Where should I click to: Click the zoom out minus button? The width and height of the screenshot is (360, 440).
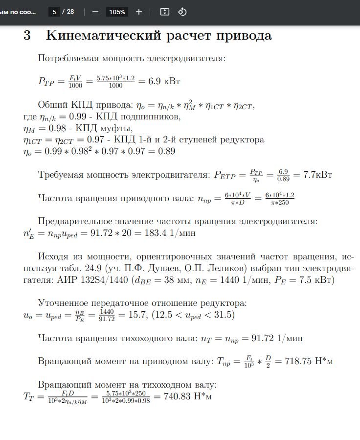pyautogui.click(x=95, y=11)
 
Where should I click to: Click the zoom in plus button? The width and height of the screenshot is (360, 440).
pyautogui.click(x=139, y=11)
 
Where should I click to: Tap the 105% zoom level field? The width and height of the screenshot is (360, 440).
pyautogui.click(x=117, y=12)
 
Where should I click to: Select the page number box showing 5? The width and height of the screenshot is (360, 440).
pyautogui.click(x=54, y=11)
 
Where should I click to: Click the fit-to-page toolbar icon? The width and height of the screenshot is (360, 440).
pyautogui.click(x=165, y=11)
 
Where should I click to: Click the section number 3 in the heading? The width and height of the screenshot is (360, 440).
pyautogui.click(x=27, y=36)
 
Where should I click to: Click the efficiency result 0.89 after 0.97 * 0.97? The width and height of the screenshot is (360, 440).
pyautogui.click(x=166, y=151)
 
